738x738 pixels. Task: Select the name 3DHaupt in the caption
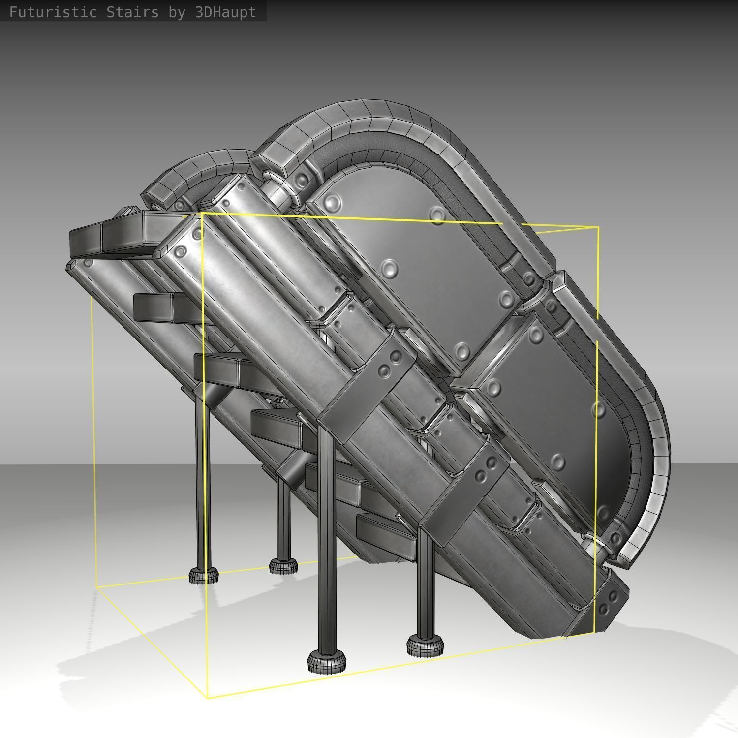click(225, 12)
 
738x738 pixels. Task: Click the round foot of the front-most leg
click(327, 662)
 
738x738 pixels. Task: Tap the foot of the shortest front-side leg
click(425, 645)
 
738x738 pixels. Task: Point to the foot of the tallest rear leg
click(203, 575)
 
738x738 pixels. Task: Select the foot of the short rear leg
click(283, 566)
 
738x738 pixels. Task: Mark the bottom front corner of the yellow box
click(207, 698)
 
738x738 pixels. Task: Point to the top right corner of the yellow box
click(598, 227)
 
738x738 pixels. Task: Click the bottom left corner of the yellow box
click(97, 586)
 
